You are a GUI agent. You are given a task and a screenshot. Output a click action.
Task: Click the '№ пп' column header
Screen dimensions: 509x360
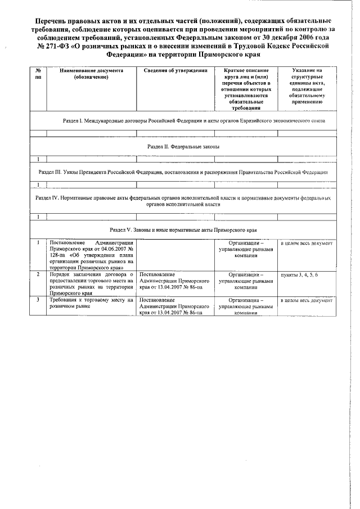pos(38,73)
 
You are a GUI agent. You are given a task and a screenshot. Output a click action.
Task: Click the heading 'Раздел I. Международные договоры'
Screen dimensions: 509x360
pos(193,121)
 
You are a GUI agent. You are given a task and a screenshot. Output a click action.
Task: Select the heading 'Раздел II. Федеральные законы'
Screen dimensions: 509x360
pos(183,146)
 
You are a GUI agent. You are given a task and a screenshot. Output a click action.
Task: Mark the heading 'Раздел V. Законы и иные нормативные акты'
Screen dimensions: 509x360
pos(183,231)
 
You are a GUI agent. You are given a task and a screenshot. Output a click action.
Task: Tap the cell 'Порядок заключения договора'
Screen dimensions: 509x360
pos(91,284)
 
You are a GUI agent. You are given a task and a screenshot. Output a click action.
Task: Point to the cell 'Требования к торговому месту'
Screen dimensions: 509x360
pos(91,303)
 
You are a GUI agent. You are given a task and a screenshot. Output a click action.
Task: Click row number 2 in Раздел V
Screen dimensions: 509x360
pos(38,274)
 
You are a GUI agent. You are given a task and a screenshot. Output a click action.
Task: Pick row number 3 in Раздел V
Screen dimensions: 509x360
pos(38,300)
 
